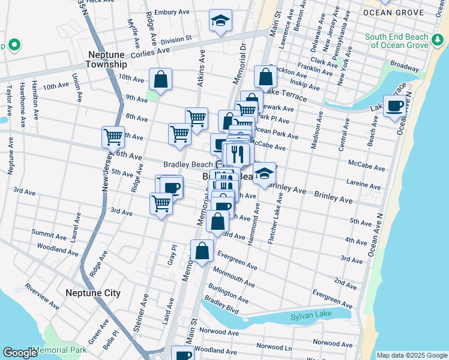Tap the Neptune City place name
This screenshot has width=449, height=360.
point(93,293)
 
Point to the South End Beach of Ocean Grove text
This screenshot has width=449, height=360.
point(397,41)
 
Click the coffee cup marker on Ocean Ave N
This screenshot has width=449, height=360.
point(394,107)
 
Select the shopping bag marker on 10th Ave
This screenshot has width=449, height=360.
point(161,79)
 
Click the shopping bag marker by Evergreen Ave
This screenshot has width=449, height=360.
point(202,251)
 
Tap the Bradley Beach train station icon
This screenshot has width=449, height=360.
point(220,164)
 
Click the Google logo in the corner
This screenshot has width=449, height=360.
point(20,353)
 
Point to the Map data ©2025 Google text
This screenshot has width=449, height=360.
point(411,355)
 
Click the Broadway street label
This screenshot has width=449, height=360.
point(403,63)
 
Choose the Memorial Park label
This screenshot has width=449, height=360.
point(60,350)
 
